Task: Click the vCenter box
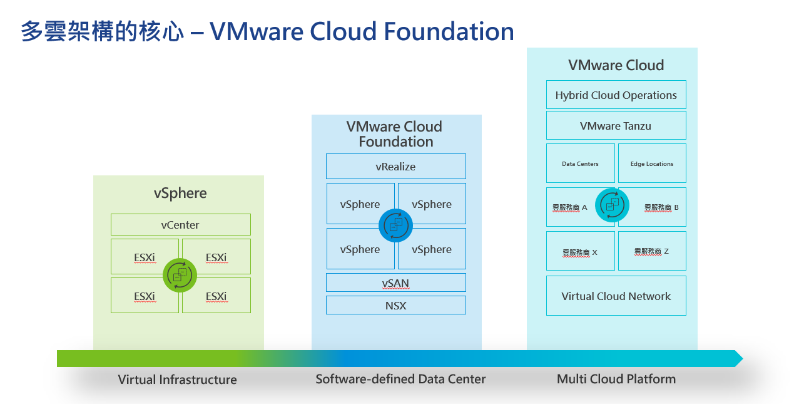pyautogui.click(x=180, y=224)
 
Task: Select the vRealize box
pyautogui.click(x=395, y=167)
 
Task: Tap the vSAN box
pyautogui.click(x=395, y=282)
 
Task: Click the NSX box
pyautogui.click(x=395, y=305)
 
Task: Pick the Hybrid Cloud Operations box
pyautogui.click(x=616, y=95)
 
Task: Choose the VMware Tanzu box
pyautogui.click(x=616, y=125)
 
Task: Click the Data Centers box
pyautogui.click(x=580, y=163)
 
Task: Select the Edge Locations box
pyautogui.click(x=652, y=163)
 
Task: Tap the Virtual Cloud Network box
pyautogui.click(x=616, y=296)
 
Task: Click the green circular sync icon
pyautogui.click(x=180, y=275)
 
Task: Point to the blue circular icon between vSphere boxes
pyautogui.click(x=395, y=225)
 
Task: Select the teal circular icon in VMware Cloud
pyautogui.click(x=611, y=205)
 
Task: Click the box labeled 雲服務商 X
pyautogui.click(x=580, y=251)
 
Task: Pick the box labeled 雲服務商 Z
pyautogui.click(x=652, y=251)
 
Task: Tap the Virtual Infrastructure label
pyautogui.click(x=178, y=380)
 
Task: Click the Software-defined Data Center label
pyautogui.click(x=400, y=379)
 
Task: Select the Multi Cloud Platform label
pyautogui.click(x=616, y=379)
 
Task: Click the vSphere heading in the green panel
pyautogui.click(x=180, y=193)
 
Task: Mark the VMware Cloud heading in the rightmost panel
pyautogui.click(x=616, y=65)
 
